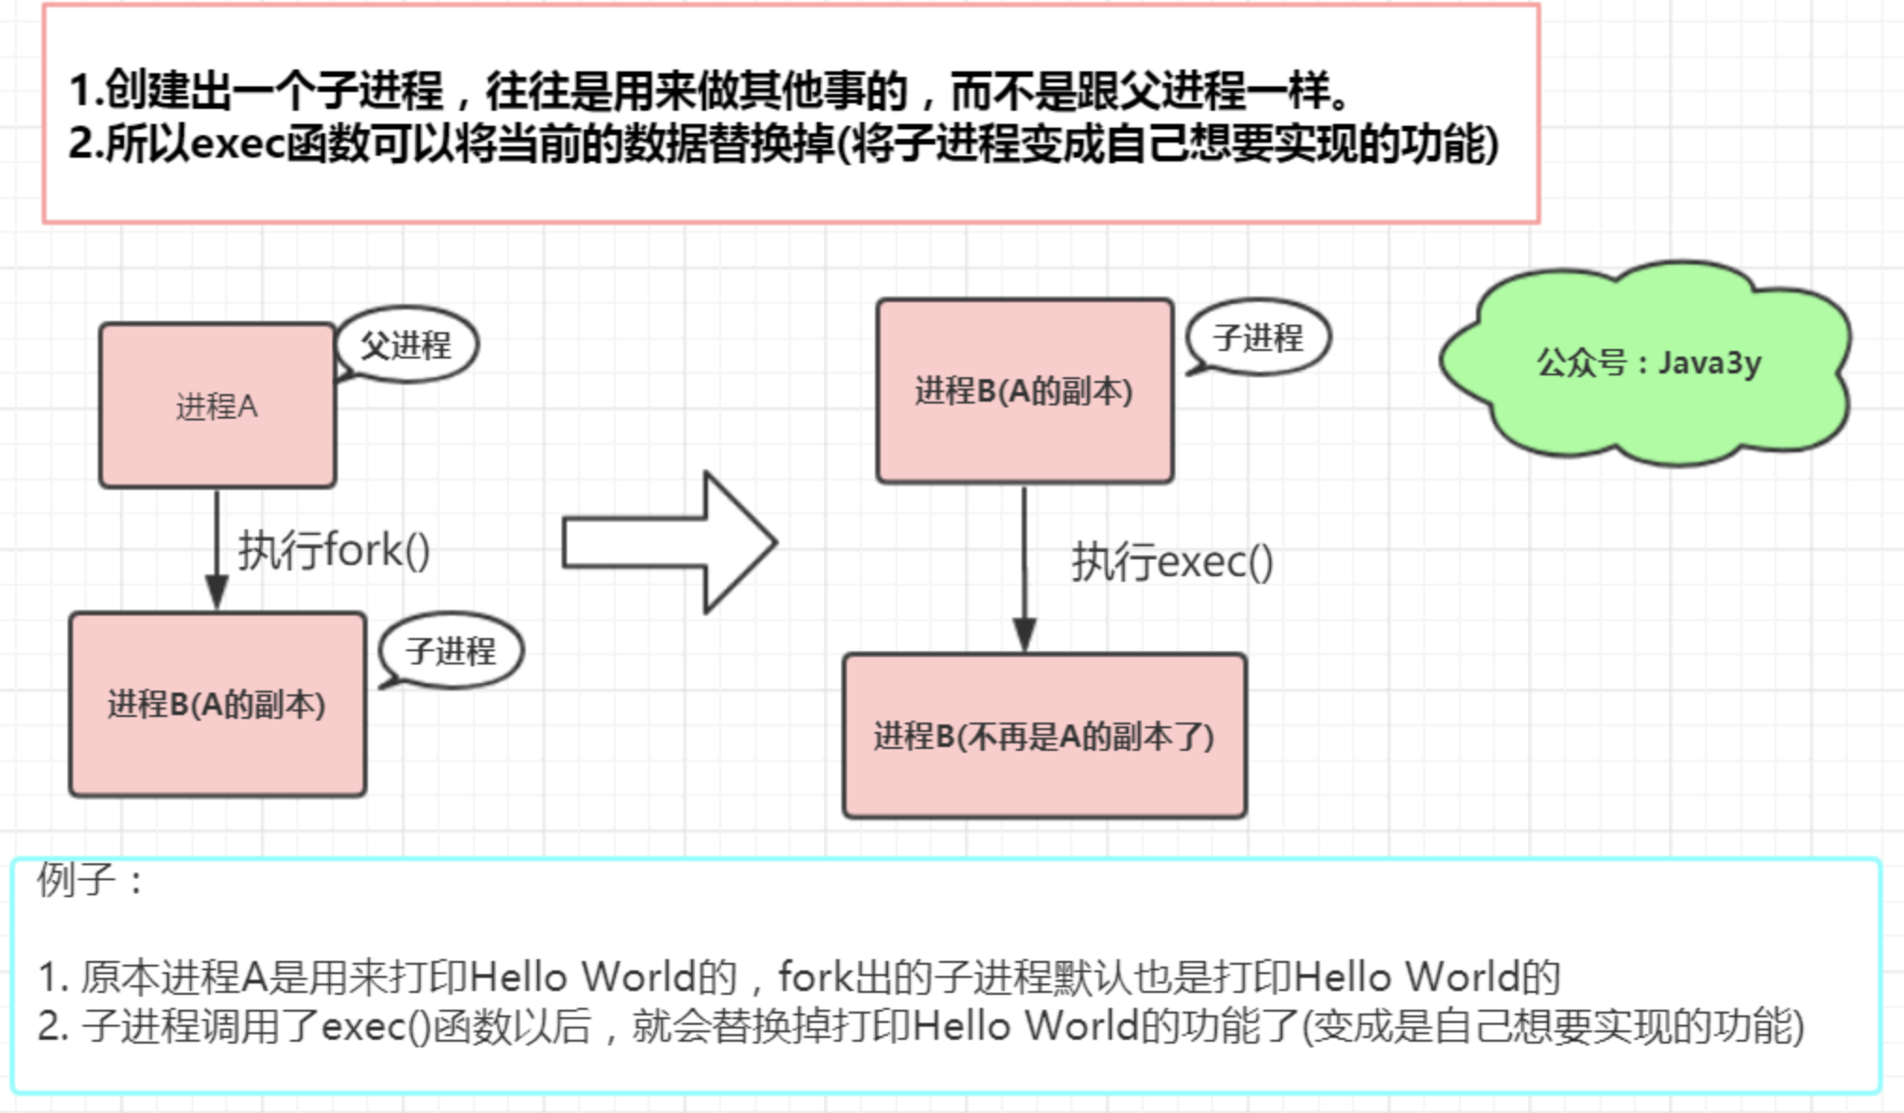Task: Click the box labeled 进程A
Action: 218,405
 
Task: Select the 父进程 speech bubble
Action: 406,344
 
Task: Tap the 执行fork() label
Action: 333,551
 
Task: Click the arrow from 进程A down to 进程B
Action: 217,550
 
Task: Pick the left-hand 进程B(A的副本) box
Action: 218,705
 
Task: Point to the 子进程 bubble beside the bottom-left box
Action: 451,651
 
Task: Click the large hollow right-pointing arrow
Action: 669,543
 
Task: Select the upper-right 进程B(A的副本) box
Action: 1025,391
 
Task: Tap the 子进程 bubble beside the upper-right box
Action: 1258,338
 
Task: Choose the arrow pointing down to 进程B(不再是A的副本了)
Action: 1024,569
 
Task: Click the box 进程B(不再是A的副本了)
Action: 1045,737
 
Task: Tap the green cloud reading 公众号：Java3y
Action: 1646,363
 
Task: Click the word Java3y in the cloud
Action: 1710,363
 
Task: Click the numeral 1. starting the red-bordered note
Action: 85,91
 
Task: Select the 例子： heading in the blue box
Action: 90,880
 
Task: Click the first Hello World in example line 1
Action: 583,977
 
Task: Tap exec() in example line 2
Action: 376,1026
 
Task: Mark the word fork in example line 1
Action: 815,977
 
